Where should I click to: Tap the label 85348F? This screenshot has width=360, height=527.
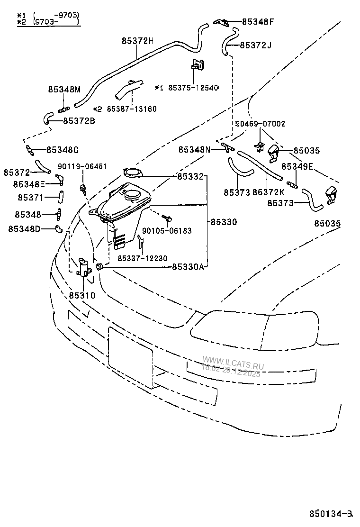tap(258, 21)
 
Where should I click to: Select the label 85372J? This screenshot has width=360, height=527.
tap(255, 45)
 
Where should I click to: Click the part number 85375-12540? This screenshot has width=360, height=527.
tap(192, 88)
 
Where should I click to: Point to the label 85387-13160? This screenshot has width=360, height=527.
tap(131, 109)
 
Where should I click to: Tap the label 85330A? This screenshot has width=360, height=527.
tap(188, 267)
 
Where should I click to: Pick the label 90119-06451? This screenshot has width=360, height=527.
tap(82, 166)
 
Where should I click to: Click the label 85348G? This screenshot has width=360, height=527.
tap(62, 150)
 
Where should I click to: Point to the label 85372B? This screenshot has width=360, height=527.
tap(79, 121)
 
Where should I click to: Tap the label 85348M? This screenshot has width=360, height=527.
tap(64, 89)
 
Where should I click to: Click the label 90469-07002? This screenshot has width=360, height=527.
tap(260, 124)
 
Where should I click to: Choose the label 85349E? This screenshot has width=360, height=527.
tap(297, 166)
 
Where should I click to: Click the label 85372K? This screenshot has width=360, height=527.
tap(269, 192)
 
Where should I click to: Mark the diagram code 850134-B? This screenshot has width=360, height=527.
tap(332, 514)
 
